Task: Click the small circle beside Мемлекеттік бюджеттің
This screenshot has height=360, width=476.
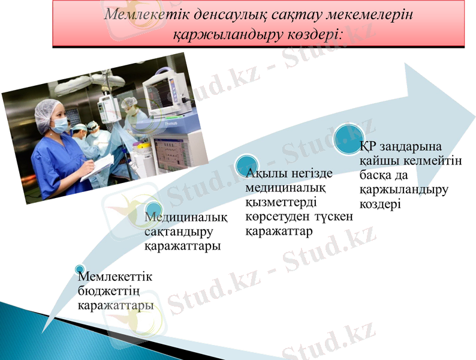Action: point(79,268)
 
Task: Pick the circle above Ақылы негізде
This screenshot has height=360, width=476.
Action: point(247,164)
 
